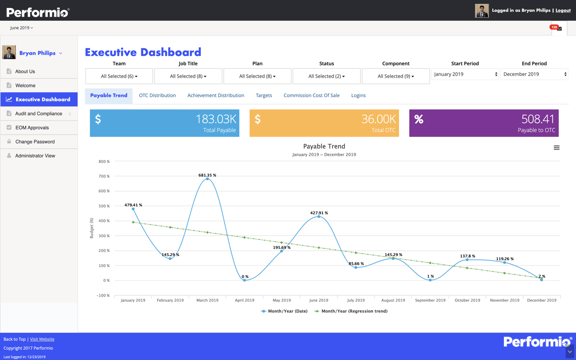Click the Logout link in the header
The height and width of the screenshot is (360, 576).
point(562,10)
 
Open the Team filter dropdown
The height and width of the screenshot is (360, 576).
point(119,76)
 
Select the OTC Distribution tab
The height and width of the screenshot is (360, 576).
point(157,95)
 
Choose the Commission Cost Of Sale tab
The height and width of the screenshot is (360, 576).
point(311,95)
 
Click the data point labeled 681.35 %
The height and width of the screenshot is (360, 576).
point(207,179)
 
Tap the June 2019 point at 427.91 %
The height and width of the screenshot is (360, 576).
point(319,216)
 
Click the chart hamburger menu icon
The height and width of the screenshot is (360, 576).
point(557,148)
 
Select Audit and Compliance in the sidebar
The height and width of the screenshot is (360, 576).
point(39,114)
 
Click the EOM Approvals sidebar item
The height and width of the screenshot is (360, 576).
point(32,128)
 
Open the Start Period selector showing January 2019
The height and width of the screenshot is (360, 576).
point(465,74)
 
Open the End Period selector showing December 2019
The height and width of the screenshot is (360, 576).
point(534,74)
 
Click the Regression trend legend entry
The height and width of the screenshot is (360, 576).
point(354,311)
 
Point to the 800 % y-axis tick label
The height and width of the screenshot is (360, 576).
point(104,162)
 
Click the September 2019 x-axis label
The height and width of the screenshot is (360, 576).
point(430,300)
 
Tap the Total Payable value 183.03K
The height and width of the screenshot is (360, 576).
point(216,119)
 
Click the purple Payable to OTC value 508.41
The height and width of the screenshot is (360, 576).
point(538,119)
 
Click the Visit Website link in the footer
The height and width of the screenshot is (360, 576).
point(42,339)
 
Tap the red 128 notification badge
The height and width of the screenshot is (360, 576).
point(554,27)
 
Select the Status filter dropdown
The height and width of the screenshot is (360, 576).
point(327,76)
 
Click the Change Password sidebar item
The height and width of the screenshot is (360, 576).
point(35,142)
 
